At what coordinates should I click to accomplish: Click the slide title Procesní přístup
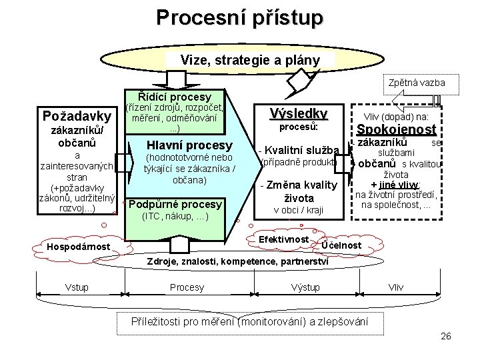click(x=239, y=17)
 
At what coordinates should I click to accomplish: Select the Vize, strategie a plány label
click(x=250, y=60)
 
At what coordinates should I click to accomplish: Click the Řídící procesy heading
click(x=174, y=97)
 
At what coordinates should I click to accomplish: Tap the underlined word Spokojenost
click(x=397, y=129)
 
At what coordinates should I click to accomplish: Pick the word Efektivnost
click(x=283, y=239)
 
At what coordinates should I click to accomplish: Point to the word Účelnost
click(x=341, y=246)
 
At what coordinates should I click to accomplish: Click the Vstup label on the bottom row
click(x=77, y=287)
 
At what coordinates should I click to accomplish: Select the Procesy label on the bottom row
click(x=187, y=287)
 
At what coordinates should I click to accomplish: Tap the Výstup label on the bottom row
click(x=305, y=287)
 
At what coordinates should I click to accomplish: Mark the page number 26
click(x=446, y=336)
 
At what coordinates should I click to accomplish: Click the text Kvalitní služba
click(x=301, y=149)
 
